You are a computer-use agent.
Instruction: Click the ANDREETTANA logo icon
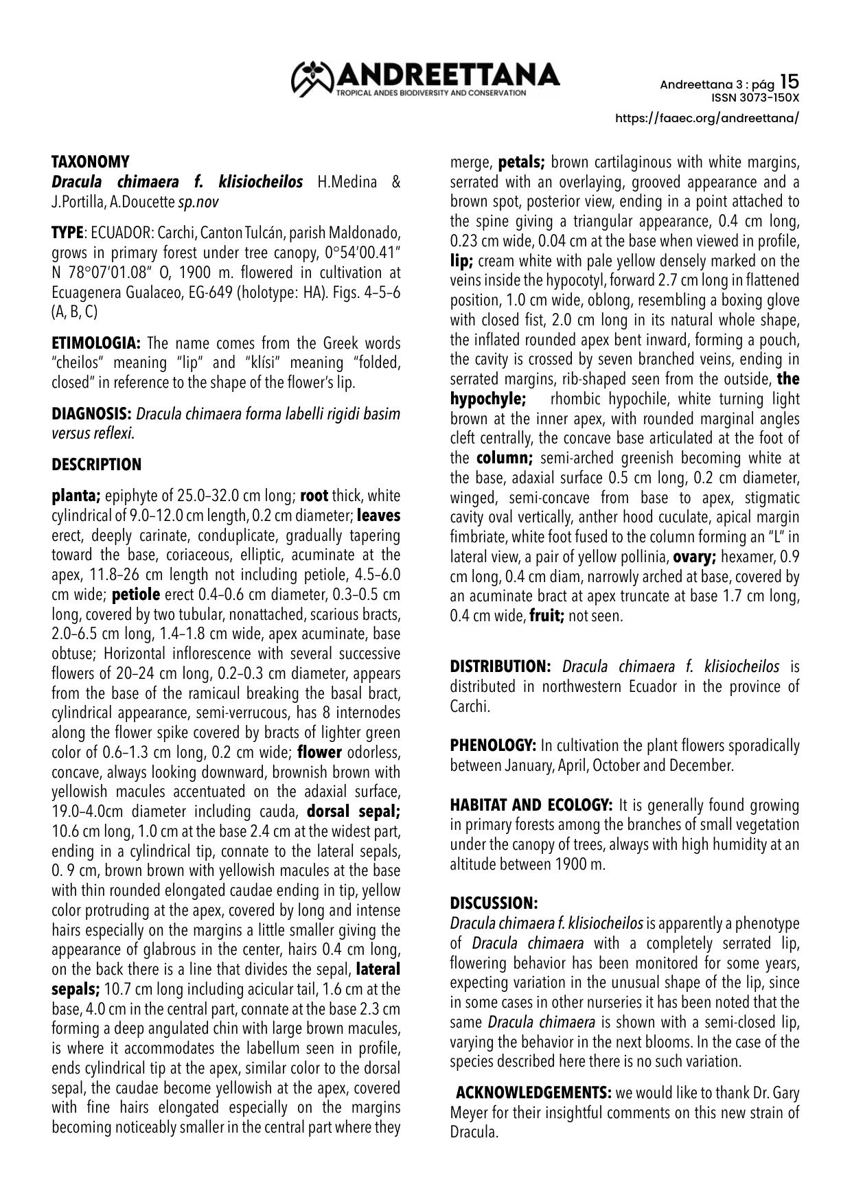tap(312, 78)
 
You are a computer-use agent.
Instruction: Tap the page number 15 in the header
tap(790, 82)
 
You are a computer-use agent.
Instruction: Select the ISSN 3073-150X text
tap(759, 97)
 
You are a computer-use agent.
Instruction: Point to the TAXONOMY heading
tap(91, 162)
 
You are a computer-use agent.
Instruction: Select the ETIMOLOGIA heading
tap(96, 343)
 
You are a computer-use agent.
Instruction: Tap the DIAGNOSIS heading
tap(92, 414)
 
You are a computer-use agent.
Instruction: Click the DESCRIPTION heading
tap(97, 465)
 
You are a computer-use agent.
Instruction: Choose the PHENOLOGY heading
tap(493, 745)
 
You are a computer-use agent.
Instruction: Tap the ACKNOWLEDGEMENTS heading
tap(533, 1092)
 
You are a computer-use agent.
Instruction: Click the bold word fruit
tap(546, 616)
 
